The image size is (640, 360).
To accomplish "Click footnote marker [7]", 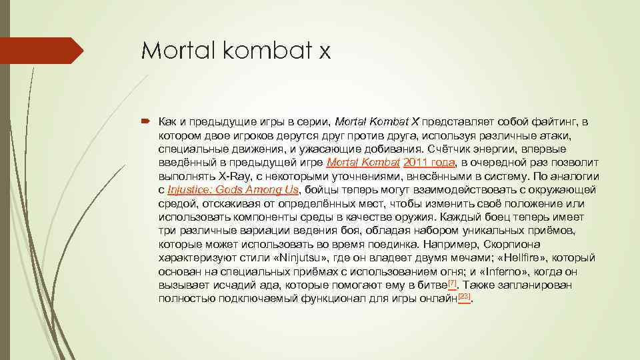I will coord(452,283).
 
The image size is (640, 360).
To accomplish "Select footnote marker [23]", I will coord(464,296).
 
